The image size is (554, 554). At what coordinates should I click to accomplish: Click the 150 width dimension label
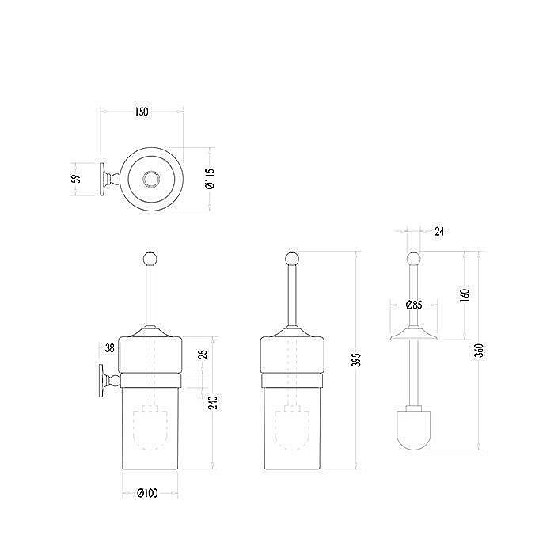click(x=142, y=112)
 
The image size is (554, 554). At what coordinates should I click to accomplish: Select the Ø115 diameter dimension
click(x=210, y=178)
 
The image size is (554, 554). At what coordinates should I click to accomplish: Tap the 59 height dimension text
click(x=76, y=179)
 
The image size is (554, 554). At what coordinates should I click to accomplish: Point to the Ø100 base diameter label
click(x=147, y=493)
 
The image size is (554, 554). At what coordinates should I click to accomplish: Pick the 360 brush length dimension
click(x=479, y=350)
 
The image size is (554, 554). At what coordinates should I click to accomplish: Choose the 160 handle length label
click(x=465, y=294)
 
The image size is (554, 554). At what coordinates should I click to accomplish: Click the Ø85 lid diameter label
click(x=414, y=305)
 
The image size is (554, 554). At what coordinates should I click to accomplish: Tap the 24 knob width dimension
click(x=439, y=231)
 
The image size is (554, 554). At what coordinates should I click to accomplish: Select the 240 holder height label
click(x=212, y=402)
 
